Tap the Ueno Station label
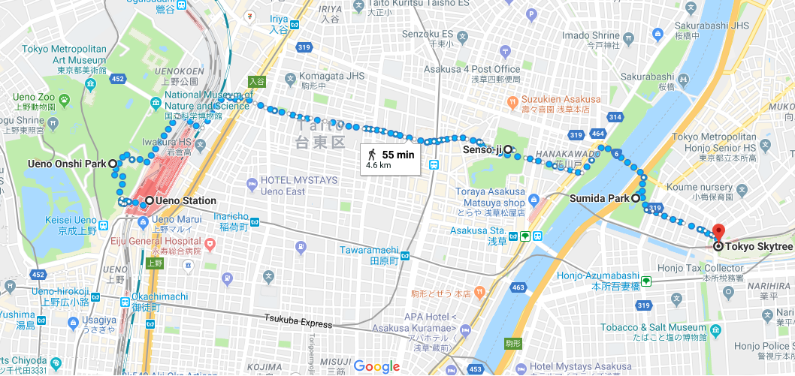185,200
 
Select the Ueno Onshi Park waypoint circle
113,164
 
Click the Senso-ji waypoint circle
507,149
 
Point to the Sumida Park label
599,198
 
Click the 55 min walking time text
397,154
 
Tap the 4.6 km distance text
379,165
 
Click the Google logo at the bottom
376,366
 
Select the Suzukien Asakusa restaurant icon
512,100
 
